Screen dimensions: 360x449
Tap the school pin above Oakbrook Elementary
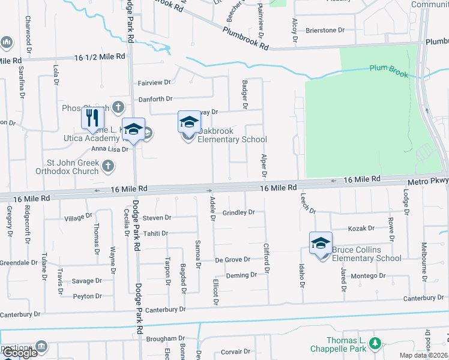click(x=188, y=122)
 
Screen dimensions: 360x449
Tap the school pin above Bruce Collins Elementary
click(x=321, y=243)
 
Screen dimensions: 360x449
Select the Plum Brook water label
click(x=388, y=71)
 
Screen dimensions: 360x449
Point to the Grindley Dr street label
click(x=239, y=212)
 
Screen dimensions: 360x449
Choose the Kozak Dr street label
click(x=361, y=229)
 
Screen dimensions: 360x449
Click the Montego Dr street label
click(x=368, y=276)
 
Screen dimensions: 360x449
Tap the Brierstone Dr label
click(x=325, y=29)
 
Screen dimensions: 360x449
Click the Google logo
click(x=20, y=353)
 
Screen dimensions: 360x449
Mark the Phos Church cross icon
click(x=118, y=108)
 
